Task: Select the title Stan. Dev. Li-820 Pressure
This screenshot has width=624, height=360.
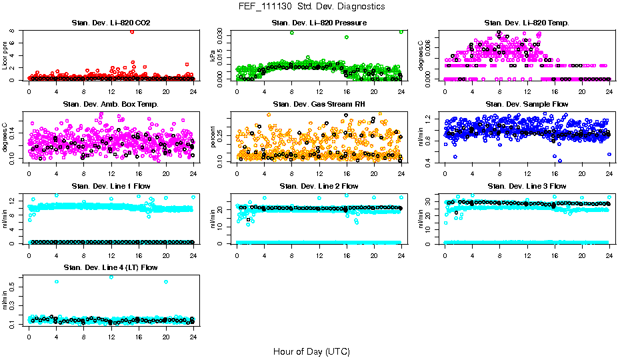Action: coord(319,23)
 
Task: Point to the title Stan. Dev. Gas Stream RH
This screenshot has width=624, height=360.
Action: coord(319,105)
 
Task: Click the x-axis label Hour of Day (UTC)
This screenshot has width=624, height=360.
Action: coord(311,351)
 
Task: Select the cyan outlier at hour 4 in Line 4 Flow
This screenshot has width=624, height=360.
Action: coord(57,281)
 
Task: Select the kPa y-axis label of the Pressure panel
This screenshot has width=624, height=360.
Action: coord(213,57)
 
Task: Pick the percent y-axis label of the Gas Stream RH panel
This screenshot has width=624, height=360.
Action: coord(213,138)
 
